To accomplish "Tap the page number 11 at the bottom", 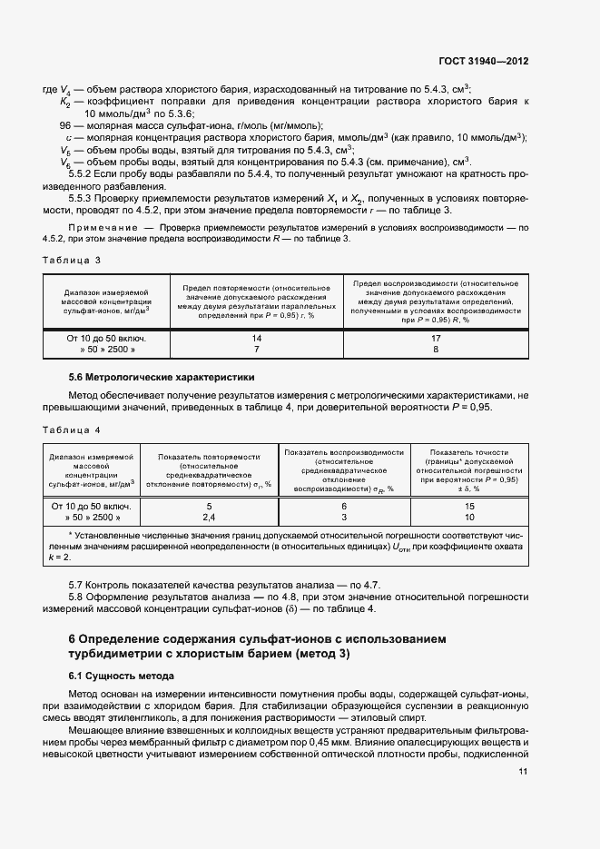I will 523,772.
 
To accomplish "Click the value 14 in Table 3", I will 257,337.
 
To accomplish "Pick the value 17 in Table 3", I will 436,337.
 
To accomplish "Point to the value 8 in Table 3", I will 436,349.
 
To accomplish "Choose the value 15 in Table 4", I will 469,506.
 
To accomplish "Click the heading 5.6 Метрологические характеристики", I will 162,376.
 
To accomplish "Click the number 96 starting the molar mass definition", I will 65,125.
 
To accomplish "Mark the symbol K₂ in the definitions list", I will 65,102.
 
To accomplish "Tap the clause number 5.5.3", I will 84,197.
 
